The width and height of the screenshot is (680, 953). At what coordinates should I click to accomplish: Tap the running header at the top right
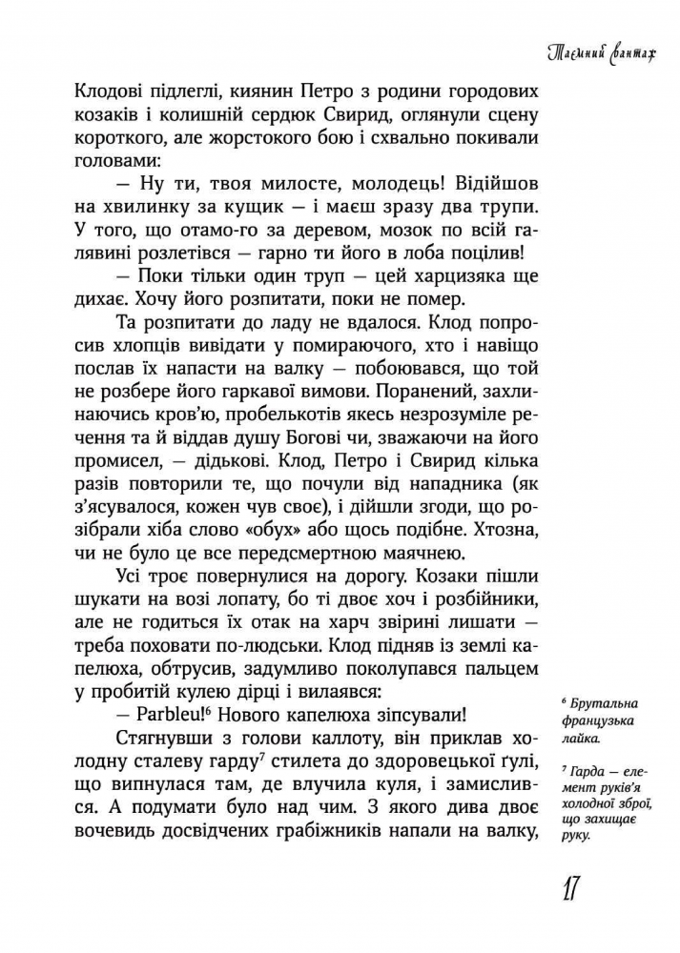(609, 56)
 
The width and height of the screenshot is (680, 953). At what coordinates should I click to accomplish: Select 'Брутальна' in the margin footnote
(597, 705)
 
